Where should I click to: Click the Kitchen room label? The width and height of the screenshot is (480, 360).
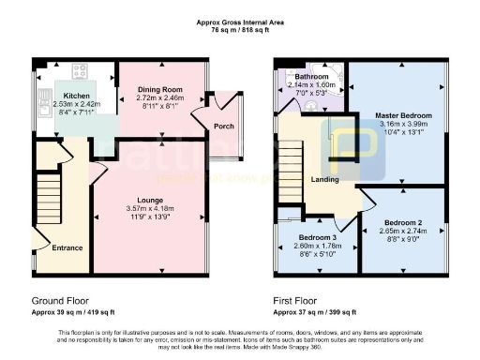(x=76, y=96)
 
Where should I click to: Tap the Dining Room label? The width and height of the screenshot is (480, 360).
(x=159, y=89)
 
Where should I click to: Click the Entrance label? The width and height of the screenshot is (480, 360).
(x=67, y=248)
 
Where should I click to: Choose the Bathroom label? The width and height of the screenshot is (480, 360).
(x=312, y=76)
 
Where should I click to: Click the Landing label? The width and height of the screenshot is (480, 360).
(x=325, y=179)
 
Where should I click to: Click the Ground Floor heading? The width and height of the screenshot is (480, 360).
(x=59, y=301)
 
